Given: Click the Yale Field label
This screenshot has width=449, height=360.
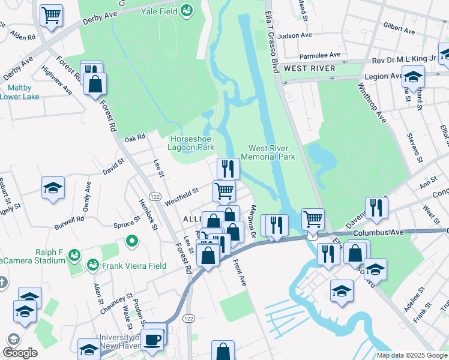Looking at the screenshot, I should (x=159, y=11).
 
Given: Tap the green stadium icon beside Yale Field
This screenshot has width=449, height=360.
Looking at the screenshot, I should (x=187, y=10).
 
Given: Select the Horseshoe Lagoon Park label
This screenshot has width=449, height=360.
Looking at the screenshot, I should (x=192, y=142).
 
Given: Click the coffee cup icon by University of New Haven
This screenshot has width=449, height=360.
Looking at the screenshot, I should (x=154, y=337).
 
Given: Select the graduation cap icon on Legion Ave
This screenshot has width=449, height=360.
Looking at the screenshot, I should (x=413, y=77).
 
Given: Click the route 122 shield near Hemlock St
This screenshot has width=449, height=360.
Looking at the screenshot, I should (x=154, y=197).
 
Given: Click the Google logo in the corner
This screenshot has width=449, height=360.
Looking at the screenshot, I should (x=20, y=353).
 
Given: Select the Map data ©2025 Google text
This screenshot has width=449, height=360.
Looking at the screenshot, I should (x=411, y=355).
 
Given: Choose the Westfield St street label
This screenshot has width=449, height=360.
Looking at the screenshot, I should (x=182, y=194).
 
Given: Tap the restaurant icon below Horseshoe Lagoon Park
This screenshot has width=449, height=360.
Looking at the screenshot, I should (x=228, y=169).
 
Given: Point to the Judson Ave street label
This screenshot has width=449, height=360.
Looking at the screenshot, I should (x=295, y=35).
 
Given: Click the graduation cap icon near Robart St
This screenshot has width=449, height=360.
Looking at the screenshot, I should (x=53, y=188).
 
